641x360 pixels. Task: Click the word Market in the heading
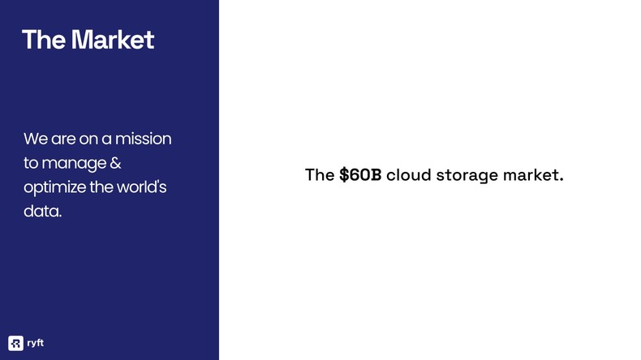coord(112,39)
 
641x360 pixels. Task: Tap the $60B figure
coord(359,175)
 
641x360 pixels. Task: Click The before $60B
coord(319,175)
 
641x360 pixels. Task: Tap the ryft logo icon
coord(15,342)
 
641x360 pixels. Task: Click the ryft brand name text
coord(35,343)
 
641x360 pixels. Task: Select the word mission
coord(145,139)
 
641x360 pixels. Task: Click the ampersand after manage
coord(114,163)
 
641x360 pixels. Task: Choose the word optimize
coord(54,188)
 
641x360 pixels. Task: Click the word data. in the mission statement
coord(42,212)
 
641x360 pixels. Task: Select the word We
coord(34,139)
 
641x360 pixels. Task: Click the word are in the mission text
coord(62,139)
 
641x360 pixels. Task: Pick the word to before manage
coord(31,164)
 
